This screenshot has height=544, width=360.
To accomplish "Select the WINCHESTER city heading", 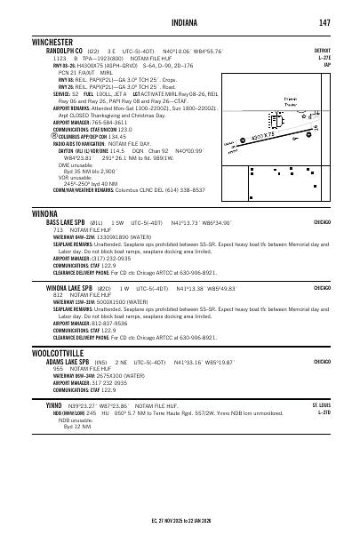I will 53,42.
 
